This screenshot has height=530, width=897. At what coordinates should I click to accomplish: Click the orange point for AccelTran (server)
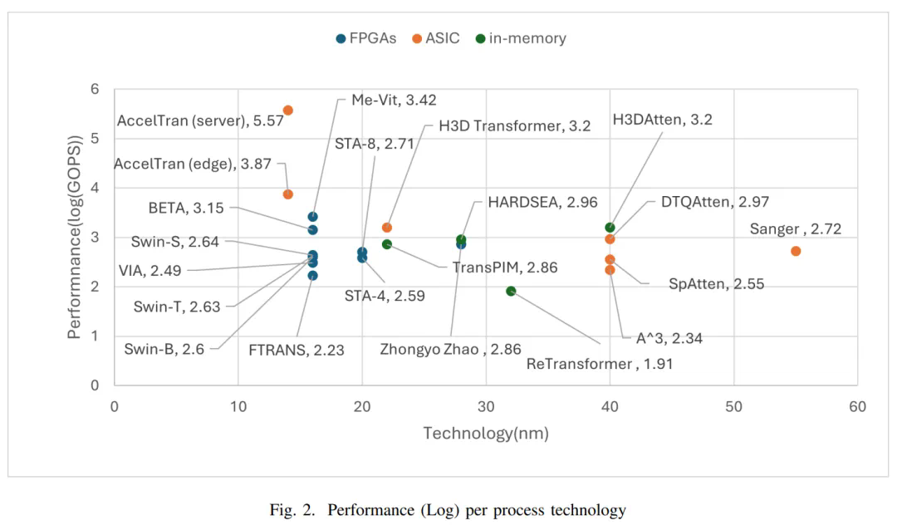click(x=288, y=110)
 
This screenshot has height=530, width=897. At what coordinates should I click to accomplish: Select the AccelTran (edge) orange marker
click(x=288, y=194)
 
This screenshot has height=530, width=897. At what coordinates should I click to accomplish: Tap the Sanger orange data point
click(x=796, y=251)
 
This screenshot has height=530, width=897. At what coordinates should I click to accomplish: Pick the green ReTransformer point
click(x=511, y=291)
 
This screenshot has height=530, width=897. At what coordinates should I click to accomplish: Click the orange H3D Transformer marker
click(x=387, y=228)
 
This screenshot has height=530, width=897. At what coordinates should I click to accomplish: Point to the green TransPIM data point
click(x=387, y=244)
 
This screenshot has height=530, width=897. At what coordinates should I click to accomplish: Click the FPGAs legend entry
click(x=366, y=38)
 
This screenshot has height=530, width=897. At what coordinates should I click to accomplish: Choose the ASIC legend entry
click(x=436, y=38)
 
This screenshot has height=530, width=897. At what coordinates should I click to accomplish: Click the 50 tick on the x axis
click(x=733, y=406)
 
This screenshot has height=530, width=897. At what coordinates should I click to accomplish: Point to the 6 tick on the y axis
click(x=96, y=89)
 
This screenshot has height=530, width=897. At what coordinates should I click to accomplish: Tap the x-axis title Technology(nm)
click(x=486, y=433)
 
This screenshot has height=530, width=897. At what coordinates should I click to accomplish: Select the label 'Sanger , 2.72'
click(x=796, y=229)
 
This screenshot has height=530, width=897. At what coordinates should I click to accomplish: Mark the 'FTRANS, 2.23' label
click(x=297, y=350)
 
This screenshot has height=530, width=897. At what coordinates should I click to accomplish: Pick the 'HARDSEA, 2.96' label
click(x=542, y=202)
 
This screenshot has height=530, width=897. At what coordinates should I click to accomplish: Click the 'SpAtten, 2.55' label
click(x=716, y=284)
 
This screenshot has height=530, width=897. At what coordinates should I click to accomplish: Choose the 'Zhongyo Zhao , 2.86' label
click(x=440, y=349)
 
